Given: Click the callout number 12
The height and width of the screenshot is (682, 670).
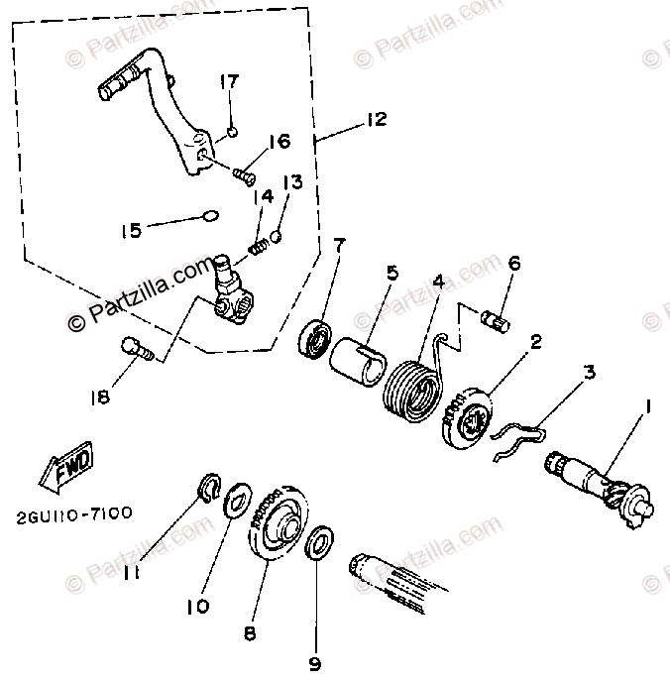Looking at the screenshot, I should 376,120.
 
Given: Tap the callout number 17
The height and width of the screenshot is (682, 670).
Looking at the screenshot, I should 229,80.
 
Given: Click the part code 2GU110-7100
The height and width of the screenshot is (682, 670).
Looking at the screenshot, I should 73,514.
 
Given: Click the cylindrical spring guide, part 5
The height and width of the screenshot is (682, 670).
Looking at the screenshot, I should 359,359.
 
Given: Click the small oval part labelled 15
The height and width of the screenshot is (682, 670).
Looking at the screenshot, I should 207,214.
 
